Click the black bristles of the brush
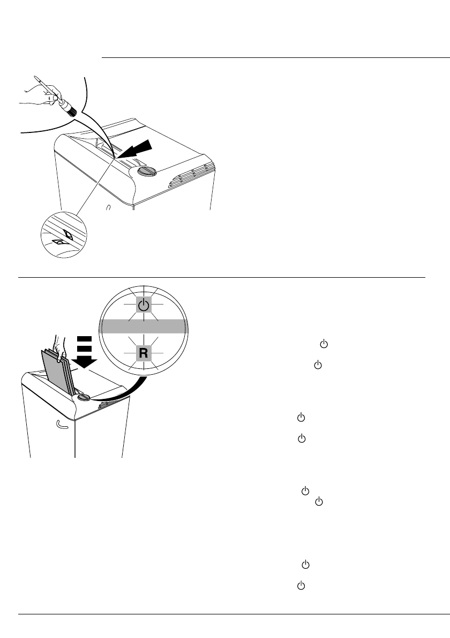coord(70,108)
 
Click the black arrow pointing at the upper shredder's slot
coord(141,149)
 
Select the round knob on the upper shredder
coord(146,172)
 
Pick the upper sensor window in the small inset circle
coord(69,234)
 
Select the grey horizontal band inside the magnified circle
coord(142,327)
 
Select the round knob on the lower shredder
coord(84,398)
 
